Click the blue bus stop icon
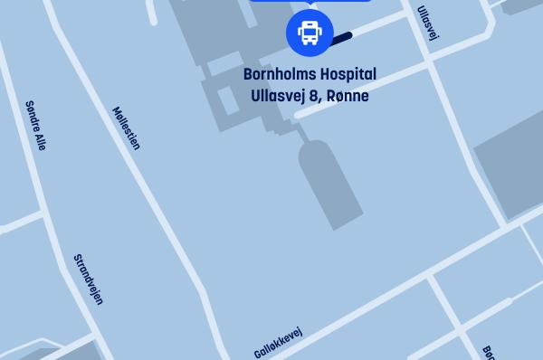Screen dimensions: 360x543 (310, 33)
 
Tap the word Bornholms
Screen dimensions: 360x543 (281, 74)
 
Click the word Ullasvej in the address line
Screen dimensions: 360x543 (277, 95)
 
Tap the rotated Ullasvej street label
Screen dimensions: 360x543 (427, 24)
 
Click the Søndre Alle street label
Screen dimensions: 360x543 (35, 126)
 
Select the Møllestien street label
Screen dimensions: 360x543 (126, 128)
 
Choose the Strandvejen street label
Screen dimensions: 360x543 (88, 279)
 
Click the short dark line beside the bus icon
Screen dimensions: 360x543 (342, 38)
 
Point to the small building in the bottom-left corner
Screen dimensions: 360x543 (68, 353)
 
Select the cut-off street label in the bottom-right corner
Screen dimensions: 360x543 (489, 352)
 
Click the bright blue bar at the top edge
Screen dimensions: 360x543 (310, 1)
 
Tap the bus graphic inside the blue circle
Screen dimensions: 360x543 (310, 33)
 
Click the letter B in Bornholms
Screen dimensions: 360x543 (248, 74)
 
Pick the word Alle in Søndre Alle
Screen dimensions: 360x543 (39, 139)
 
